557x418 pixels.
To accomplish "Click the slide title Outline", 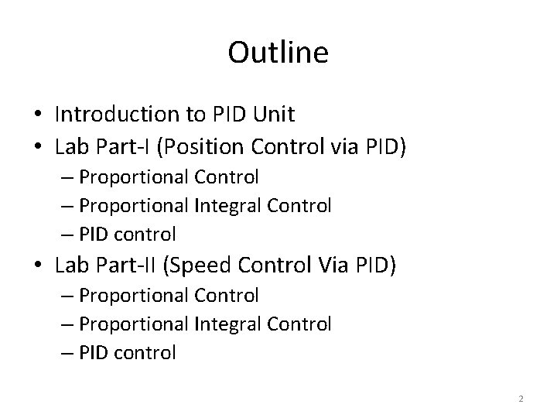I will [278, 53].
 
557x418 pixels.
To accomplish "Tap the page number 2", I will [521, 399].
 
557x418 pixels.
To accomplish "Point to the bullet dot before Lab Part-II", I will [39, 267].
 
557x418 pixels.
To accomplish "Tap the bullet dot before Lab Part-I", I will [39, 147].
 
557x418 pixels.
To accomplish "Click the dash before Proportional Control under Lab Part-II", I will [67, 296].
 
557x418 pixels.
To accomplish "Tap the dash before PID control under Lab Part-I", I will [67, 233].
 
